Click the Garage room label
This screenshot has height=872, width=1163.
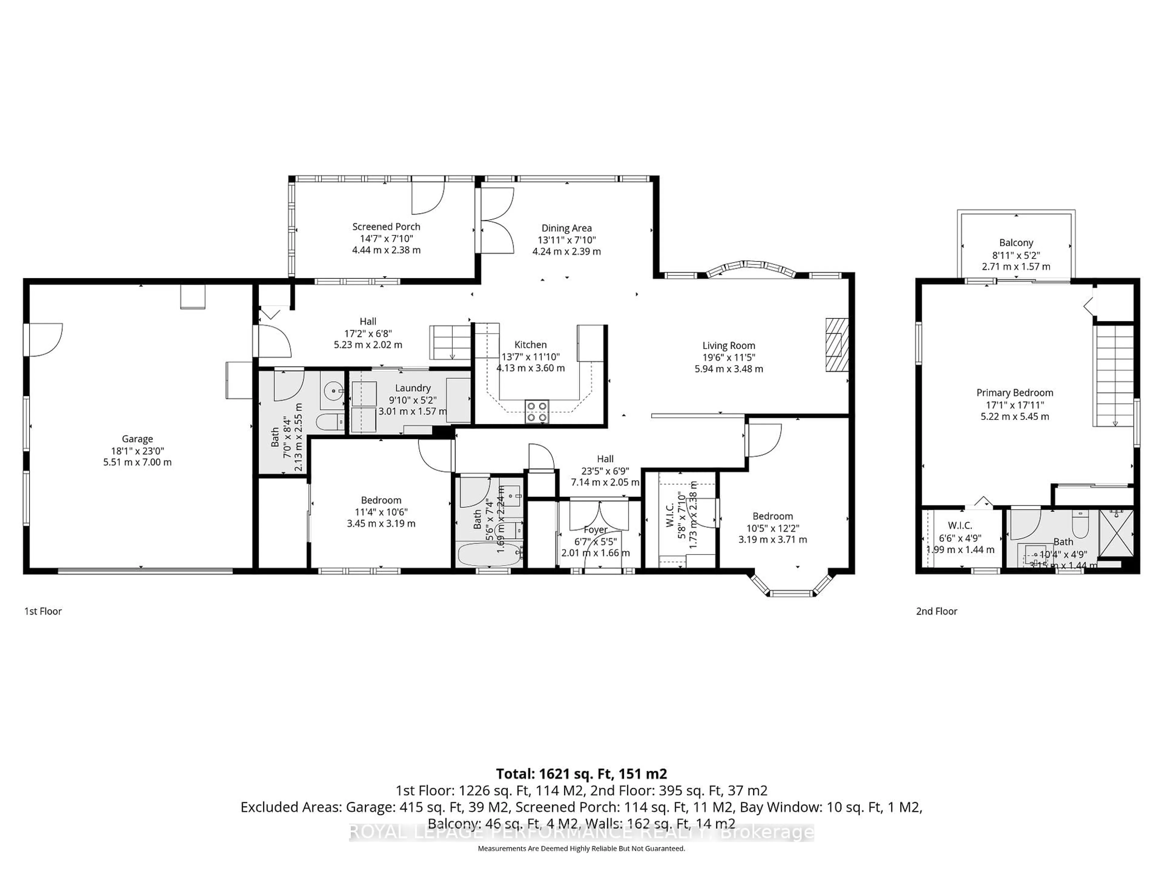click(137, 439)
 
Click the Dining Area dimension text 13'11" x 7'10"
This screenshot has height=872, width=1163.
click(566, 240)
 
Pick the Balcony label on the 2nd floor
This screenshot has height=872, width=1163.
click(1016, 243)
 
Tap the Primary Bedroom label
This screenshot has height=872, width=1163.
click(1014, 393)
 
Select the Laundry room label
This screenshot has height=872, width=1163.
click(413, 388)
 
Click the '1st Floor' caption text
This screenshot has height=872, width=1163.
click(43, 611)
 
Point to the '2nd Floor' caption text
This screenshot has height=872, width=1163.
click(936, 611)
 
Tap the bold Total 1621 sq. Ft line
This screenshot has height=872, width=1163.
click(581, 774)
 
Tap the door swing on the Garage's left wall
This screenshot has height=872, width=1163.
click(45, 339)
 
